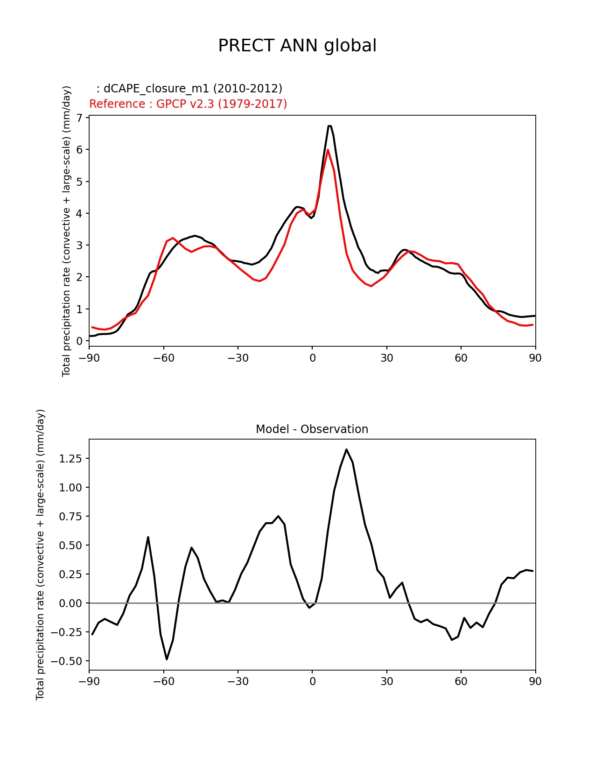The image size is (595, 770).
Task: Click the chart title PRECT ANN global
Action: pos(297,46)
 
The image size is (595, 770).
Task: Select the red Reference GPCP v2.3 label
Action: pos(188,104)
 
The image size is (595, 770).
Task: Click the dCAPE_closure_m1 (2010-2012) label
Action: pos(189,89)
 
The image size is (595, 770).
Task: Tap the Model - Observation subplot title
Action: pos(312,429)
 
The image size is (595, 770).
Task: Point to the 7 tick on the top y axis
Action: pos(79,118)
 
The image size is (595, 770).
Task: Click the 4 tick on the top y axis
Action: pos(79,213)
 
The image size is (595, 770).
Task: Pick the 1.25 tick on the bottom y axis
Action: pos(70,459)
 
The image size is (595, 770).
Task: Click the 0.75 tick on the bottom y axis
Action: pos(70,517)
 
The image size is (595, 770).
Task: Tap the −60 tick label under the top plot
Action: pos(163,358)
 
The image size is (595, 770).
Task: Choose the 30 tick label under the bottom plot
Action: pos(386,681)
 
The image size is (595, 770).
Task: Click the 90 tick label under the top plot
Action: pos(535,358)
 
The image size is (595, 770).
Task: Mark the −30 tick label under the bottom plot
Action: pos(238,681)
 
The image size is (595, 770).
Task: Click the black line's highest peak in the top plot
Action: pos(329,126)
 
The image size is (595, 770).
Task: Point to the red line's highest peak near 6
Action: pos(328,150)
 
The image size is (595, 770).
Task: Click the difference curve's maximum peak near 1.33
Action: pos(346,449)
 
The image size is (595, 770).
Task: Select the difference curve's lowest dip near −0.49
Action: pos(167,659)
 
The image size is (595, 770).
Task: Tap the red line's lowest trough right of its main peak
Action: pos(371,286)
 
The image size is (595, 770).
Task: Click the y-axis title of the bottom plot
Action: pos(41,554)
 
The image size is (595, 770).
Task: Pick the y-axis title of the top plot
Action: pos(67,231)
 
